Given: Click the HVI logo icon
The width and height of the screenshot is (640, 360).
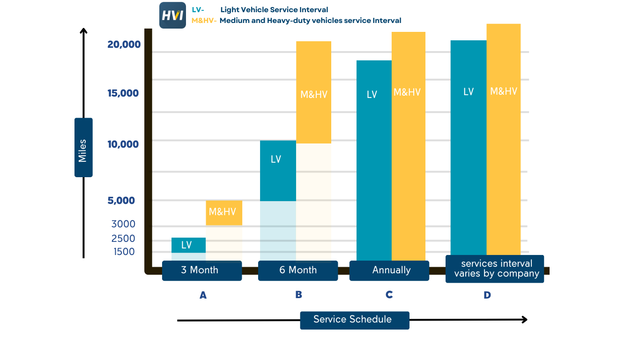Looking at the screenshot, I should tap(172, 15).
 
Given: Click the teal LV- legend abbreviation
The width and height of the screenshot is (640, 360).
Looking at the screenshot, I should tap(198, 10).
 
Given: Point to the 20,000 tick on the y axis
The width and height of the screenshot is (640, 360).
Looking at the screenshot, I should tap(124, 45).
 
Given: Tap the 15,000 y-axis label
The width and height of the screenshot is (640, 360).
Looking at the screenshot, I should tap(123, 93).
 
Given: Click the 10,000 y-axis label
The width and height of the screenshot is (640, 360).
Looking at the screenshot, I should tap(123, 144).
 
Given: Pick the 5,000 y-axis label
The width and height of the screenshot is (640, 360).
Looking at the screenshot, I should tap(121, 201).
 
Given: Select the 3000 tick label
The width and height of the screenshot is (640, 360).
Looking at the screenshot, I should tap(123, 224).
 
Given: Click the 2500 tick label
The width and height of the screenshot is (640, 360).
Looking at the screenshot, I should tap(123, 239).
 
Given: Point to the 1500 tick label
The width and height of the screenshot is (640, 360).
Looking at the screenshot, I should tap(124, 252).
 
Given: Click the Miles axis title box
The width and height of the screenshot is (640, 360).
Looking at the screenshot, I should tap(83, 147).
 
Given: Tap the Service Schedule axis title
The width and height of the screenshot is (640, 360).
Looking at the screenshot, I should tap(353, 320).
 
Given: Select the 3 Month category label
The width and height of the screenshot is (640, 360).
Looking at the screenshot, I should tap(201, 270).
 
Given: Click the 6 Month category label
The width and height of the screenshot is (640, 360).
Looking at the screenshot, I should tap(298, 270).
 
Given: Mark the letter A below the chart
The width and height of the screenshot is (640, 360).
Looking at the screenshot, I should tap(203, 295).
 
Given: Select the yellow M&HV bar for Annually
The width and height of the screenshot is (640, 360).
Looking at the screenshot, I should tap(409, 145).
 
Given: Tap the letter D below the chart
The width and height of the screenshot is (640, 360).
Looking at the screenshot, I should tap(487, 295).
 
